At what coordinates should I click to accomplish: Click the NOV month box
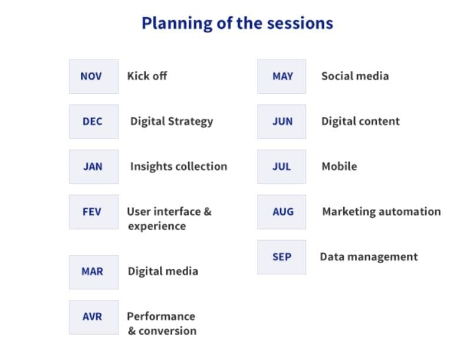(94, 76)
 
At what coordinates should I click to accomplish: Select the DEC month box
(94, 122)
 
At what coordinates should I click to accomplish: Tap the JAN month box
(94, 166)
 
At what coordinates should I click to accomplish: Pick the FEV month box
(94, 212)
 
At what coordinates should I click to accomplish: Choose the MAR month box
(94, 272)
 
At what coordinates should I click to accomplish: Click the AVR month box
(94, 317)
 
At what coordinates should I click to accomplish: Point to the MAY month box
(281, 76)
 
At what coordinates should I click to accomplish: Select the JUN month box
(281, 122)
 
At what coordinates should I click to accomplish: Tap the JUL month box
(281, 166)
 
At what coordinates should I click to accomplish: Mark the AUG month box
(281, 212)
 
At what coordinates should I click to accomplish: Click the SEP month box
(281, 257)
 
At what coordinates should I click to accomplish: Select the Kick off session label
(147, 76)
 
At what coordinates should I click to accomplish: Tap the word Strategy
(190, 122)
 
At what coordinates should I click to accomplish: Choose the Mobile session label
(339, 166)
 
